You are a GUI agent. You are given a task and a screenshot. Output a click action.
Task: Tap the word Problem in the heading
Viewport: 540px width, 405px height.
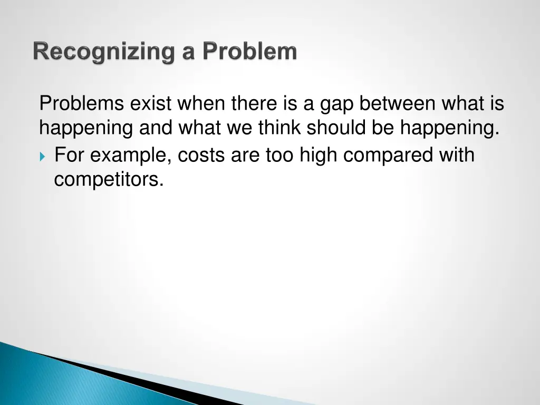coord(250,52)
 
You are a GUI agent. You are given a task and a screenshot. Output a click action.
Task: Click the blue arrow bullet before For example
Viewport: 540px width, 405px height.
coord(43,157)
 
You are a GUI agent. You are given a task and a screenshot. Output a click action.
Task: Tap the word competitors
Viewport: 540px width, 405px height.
coord(109,180)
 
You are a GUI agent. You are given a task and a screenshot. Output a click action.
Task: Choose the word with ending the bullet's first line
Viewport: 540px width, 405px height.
coord(458,156)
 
